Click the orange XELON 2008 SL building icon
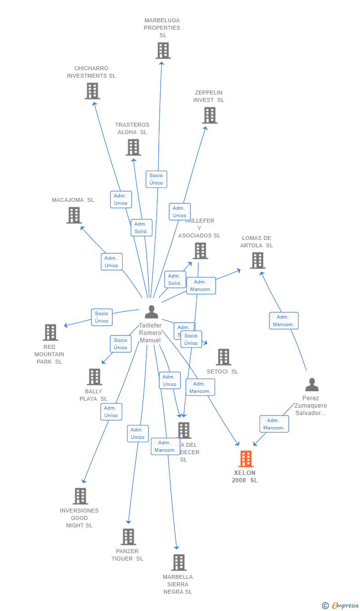pos(246,459)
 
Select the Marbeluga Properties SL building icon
pos(163,50)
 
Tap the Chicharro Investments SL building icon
pos(92,91)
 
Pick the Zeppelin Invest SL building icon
pos(210,115)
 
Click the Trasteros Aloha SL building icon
pos(133,147)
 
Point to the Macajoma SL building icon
pos(74,215)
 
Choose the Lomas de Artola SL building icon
pos(257,261)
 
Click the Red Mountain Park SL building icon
pos(50,332)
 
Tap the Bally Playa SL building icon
pos(94,377)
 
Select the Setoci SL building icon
pos(223,357)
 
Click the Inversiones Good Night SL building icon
pos(80,496)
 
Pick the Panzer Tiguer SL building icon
pos(128,537)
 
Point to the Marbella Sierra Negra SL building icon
pos(179,563)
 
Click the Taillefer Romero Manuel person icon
pos(151,312)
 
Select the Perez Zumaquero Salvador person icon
pos(312,385)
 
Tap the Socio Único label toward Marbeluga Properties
pos(156,179)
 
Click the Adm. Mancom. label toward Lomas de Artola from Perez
pos(284,321)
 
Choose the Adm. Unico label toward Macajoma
pos(111,262)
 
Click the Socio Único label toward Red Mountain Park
pos(102,317)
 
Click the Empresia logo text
pos(345,606)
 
